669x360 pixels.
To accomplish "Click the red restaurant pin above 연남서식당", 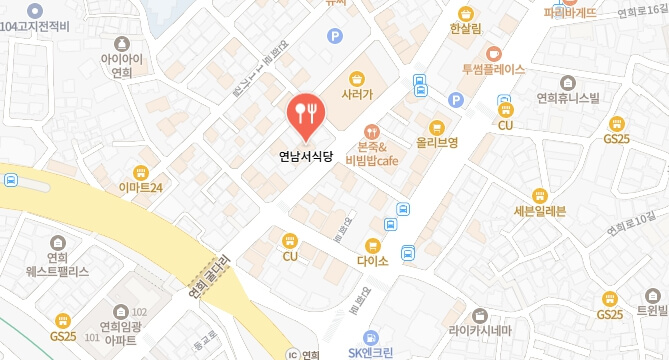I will tap(303, 113).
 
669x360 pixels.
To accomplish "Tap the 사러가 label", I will tap(356, 95).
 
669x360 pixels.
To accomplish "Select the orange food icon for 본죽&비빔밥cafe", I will tap(372, 130).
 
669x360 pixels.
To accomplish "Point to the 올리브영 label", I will tap(437, 143).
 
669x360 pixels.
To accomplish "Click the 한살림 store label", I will tap(466, 29).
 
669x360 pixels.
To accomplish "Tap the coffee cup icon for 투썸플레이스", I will tap(493, 53).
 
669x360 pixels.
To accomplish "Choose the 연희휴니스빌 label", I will tap(567, 98).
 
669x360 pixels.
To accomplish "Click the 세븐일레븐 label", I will tap(539, 211).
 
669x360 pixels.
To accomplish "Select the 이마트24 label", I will tap(140, 186).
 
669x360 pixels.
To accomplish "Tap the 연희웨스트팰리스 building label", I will tap(56, 263).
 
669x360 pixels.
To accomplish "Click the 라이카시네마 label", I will tap(480, 331).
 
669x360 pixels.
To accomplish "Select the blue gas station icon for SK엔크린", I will tap(371, 336).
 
